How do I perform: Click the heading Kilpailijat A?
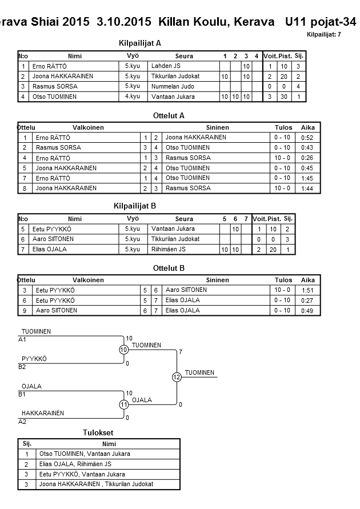140,43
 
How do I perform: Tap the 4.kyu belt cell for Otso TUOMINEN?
133,97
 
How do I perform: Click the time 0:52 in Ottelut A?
307,138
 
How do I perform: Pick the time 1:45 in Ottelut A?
307,178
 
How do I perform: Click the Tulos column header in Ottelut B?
283,280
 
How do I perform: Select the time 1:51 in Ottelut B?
307,290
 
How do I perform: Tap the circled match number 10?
123,350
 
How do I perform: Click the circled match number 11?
123,404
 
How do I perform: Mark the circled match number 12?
177,377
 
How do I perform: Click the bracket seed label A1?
23,340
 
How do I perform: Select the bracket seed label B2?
23,367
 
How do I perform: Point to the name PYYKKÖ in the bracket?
34,359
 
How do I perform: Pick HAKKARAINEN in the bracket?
43,413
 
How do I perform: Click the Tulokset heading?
99,433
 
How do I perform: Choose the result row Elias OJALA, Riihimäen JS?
75,464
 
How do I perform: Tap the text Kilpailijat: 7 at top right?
324,35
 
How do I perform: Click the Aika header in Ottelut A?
307,128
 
